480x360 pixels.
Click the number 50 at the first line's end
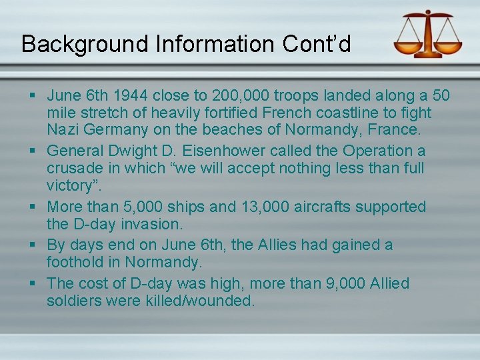441,95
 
